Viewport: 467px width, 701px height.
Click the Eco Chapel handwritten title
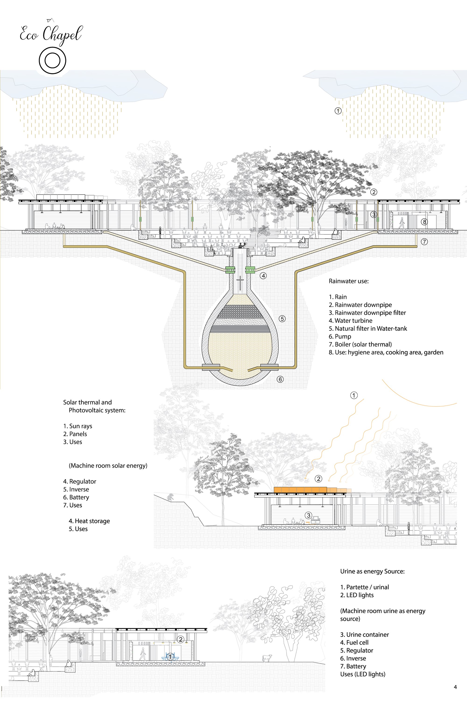tap(51, 34)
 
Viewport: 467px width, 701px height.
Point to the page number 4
tap(455, 687)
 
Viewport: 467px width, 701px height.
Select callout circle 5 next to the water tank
tap(282, 319)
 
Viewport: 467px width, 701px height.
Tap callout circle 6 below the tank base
tap(280, 379)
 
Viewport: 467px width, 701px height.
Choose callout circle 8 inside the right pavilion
tap(425, 222)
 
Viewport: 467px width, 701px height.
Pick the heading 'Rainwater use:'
tap(348, 281)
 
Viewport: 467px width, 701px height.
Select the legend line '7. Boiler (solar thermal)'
tap(360, 344)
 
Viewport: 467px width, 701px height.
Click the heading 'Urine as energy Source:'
tap(372, 571)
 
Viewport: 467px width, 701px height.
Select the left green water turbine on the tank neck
tap(230, 270)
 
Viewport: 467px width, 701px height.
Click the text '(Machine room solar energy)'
tap(108, 466)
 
